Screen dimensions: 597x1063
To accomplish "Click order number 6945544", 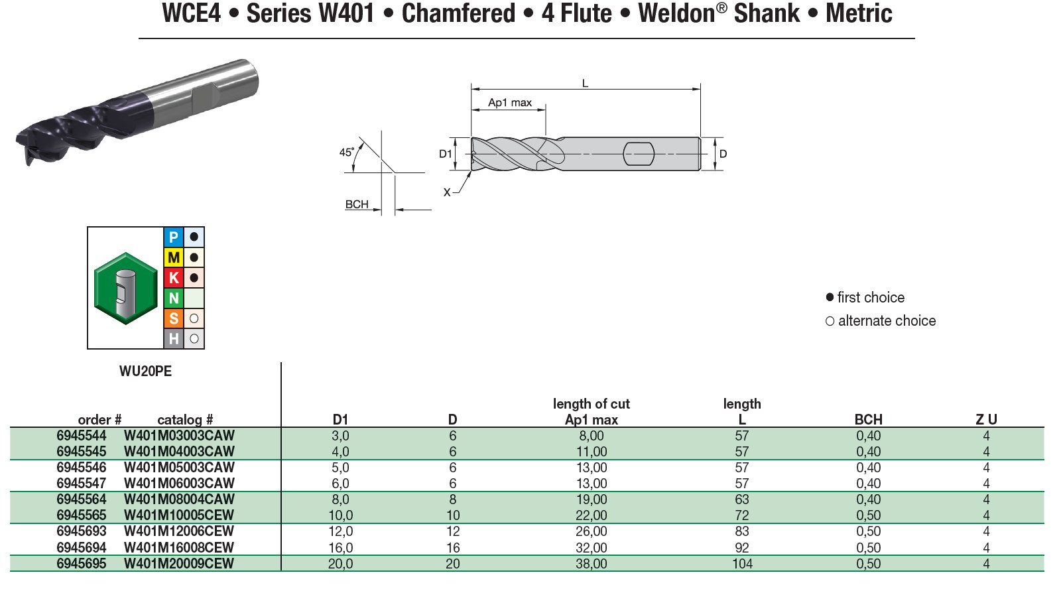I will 82,436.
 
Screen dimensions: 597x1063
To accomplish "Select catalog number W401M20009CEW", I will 179,564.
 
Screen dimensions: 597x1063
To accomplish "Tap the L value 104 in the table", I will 742,564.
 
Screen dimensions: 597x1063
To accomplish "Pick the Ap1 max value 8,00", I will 591,436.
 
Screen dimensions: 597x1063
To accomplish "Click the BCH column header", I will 868,419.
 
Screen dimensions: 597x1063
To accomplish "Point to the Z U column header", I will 986,419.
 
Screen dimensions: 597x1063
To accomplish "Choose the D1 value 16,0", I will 340,548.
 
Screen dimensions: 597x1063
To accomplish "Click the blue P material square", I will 174,237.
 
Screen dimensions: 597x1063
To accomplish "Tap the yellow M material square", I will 174,257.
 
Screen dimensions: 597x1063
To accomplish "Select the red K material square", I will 174,278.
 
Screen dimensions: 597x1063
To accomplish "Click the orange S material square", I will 174,318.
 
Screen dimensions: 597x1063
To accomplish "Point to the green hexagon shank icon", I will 126,288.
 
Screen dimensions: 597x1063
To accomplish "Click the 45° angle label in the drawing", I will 346,152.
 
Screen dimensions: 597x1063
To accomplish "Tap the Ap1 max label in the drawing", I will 510,103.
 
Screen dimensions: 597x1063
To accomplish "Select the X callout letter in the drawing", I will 447,192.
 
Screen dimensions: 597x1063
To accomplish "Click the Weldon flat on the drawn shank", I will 639,154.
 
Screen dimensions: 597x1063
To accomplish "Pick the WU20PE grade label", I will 145,371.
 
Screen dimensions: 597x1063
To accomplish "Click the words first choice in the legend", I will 871,298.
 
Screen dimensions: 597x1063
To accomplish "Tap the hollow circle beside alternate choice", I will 830,321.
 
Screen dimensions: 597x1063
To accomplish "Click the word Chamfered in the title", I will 458,13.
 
